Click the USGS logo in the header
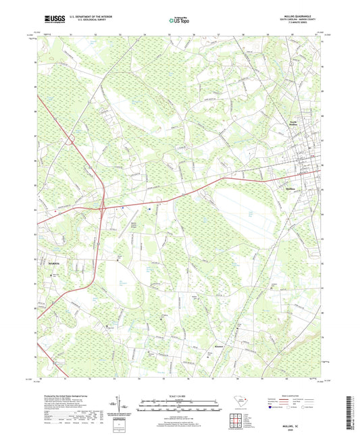point(55,18)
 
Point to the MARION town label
point(54,262)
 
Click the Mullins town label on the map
point(292,188)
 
